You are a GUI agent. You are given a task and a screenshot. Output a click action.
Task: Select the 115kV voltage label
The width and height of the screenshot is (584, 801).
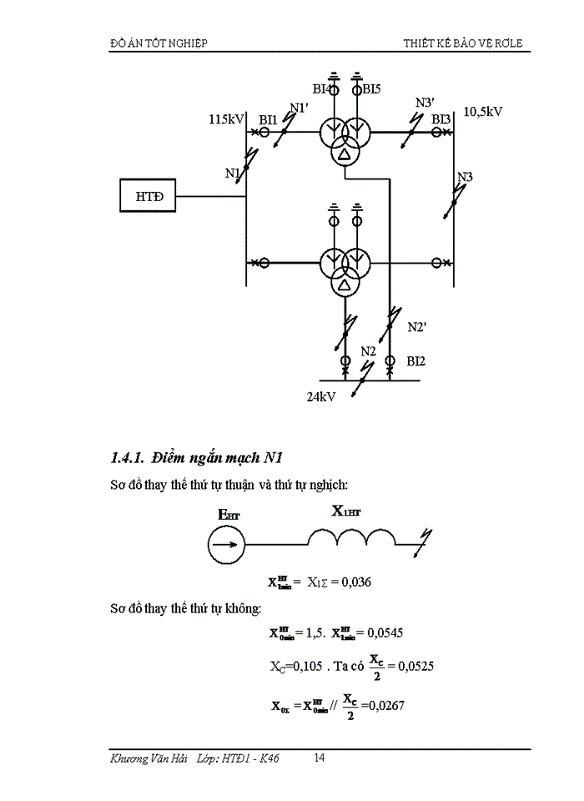(x=225, y=119)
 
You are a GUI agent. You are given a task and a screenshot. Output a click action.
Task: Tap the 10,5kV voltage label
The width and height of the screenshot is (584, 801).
(x=483, y=110)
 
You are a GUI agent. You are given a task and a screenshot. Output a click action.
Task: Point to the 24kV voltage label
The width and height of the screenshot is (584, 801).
(x=320, y=397)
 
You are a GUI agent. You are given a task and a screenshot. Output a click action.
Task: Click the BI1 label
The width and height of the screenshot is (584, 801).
(x=268, y=120)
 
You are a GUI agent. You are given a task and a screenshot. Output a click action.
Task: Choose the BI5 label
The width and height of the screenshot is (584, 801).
(x=371, y=88)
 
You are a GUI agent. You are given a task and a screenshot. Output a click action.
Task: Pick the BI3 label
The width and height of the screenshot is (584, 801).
(x=441, y=119)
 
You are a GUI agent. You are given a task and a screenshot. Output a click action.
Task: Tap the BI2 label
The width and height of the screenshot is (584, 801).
(x=416, y=360)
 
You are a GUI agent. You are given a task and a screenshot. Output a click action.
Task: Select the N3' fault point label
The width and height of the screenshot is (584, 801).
(x=425, y=103)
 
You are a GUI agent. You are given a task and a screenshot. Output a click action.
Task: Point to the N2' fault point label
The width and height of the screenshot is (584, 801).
(x=417, y=327)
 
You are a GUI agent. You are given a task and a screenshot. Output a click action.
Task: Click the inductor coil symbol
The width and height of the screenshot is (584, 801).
(x=351, y=542)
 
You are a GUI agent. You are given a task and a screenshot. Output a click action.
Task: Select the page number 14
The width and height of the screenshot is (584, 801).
(x=320, y=758)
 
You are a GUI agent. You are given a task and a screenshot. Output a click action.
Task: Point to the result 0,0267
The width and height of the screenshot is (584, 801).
(x=388, y=706)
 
